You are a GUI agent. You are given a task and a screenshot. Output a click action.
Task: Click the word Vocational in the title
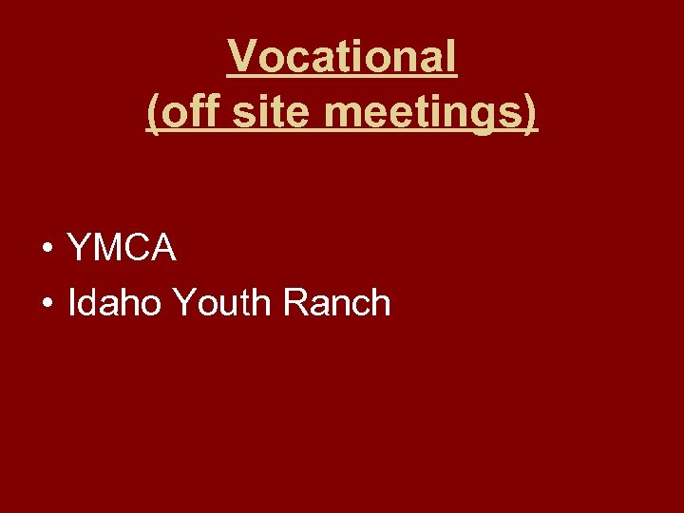coord(342,58)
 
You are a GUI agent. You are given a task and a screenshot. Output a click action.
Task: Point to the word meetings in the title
coord(424,111)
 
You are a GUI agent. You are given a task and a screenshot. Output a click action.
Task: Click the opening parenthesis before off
coord(153,112)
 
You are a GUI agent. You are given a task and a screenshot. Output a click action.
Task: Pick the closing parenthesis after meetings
coord(531,112)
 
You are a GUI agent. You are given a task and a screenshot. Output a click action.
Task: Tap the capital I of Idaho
coord(72,303)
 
